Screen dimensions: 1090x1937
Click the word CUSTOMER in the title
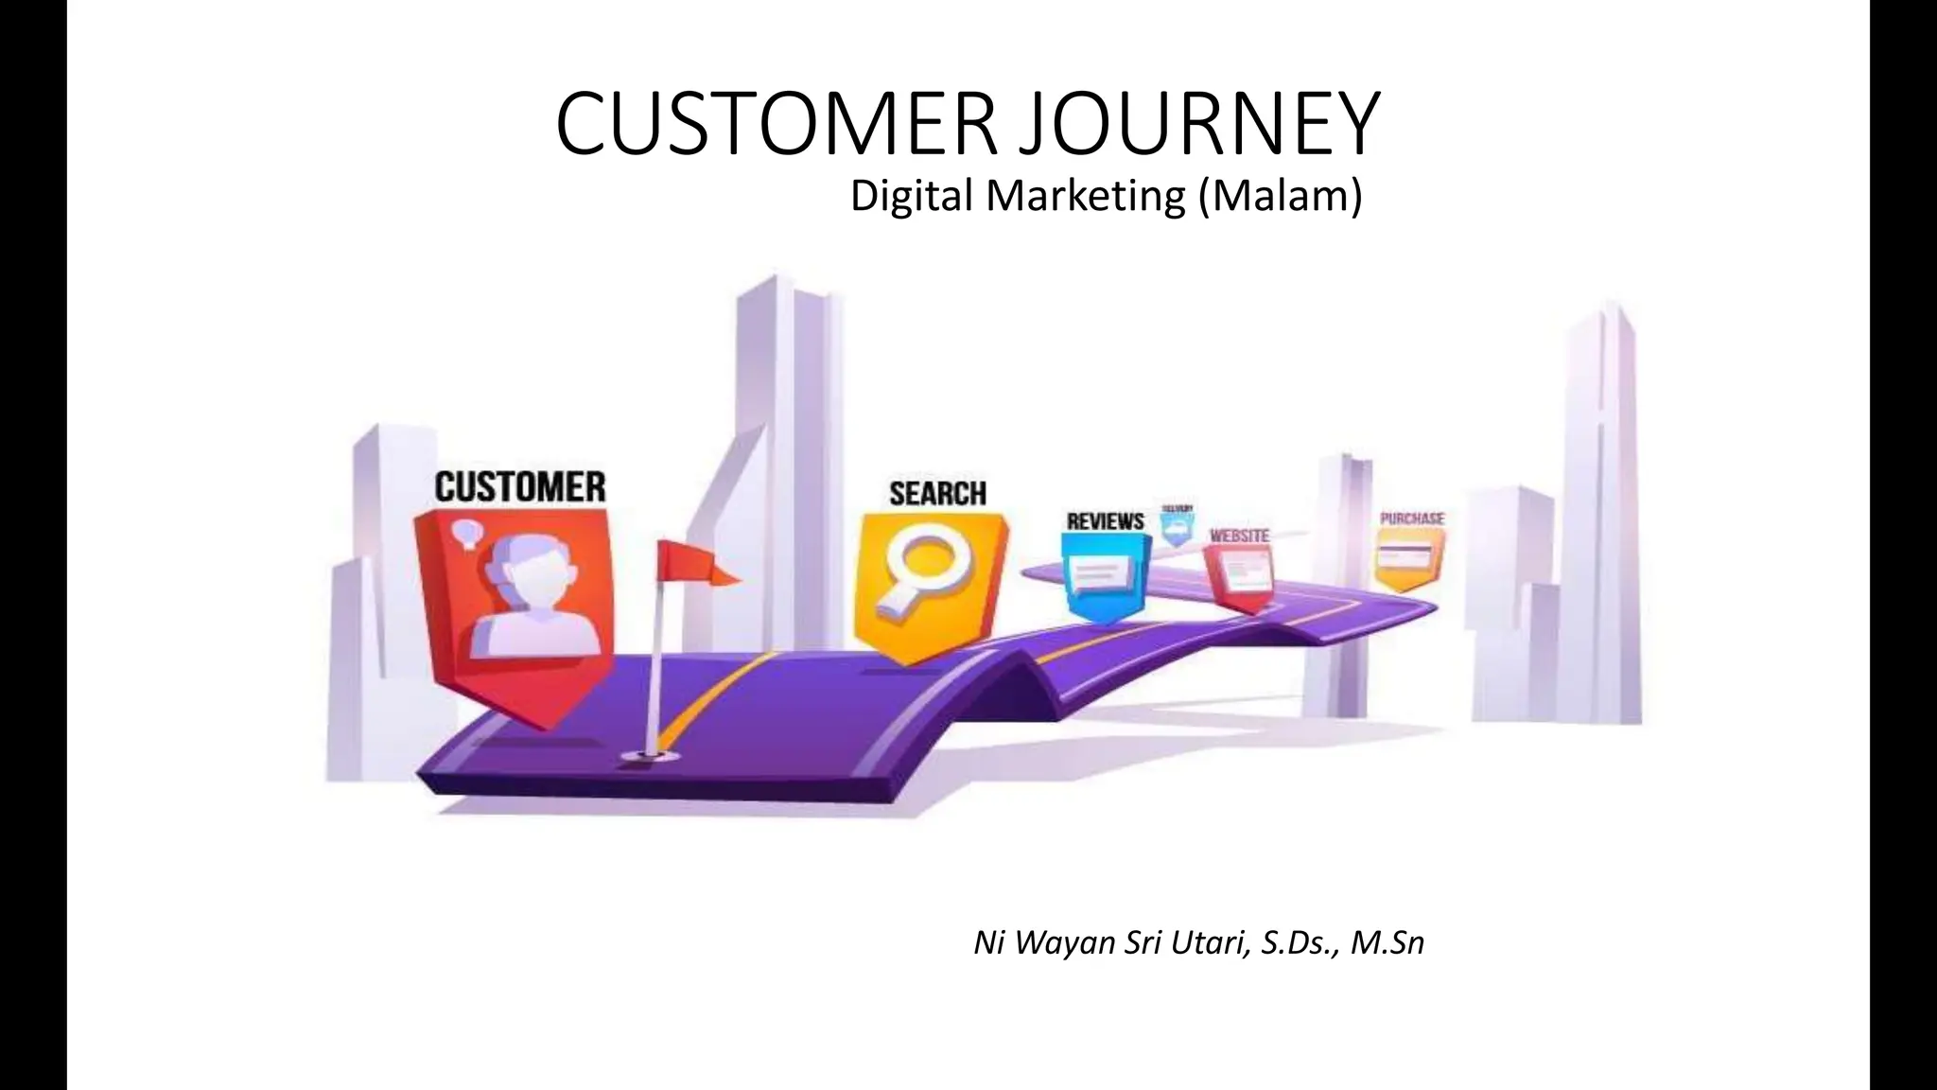point(774,125)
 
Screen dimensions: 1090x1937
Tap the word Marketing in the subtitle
point(1085,197)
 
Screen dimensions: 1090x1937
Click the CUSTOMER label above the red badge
point(520,487)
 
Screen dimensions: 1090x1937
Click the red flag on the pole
point(695,563)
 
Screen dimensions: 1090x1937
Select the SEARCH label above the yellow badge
point(937,493)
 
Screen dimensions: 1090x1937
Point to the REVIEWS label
point(1105,521)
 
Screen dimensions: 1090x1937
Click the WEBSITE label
point(1239,536)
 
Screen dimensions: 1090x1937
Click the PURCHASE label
point(1412,519)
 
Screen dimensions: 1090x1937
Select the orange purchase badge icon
point(1409,558)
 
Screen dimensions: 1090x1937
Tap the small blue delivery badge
point(1178,528)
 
